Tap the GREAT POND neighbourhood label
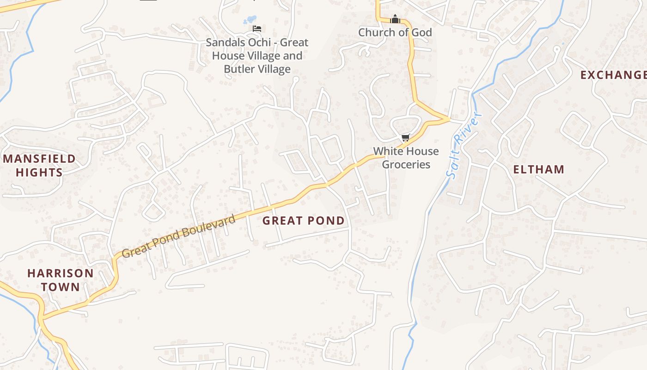point(304,221)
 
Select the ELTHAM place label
point(539,169)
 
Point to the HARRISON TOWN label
point(61,279)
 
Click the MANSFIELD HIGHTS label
point(39,166)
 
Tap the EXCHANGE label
point(613,75)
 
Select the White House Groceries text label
point(406,158)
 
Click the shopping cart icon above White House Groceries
point(406,137)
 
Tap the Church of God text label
point(395,32)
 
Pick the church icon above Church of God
point(395,19)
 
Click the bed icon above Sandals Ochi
point(257,29)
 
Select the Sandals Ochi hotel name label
point(257,55)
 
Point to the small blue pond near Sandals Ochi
point(250,20)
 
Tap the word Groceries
point(406,165)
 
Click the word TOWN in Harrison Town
point(61,287)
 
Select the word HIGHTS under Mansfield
point(39,173)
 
